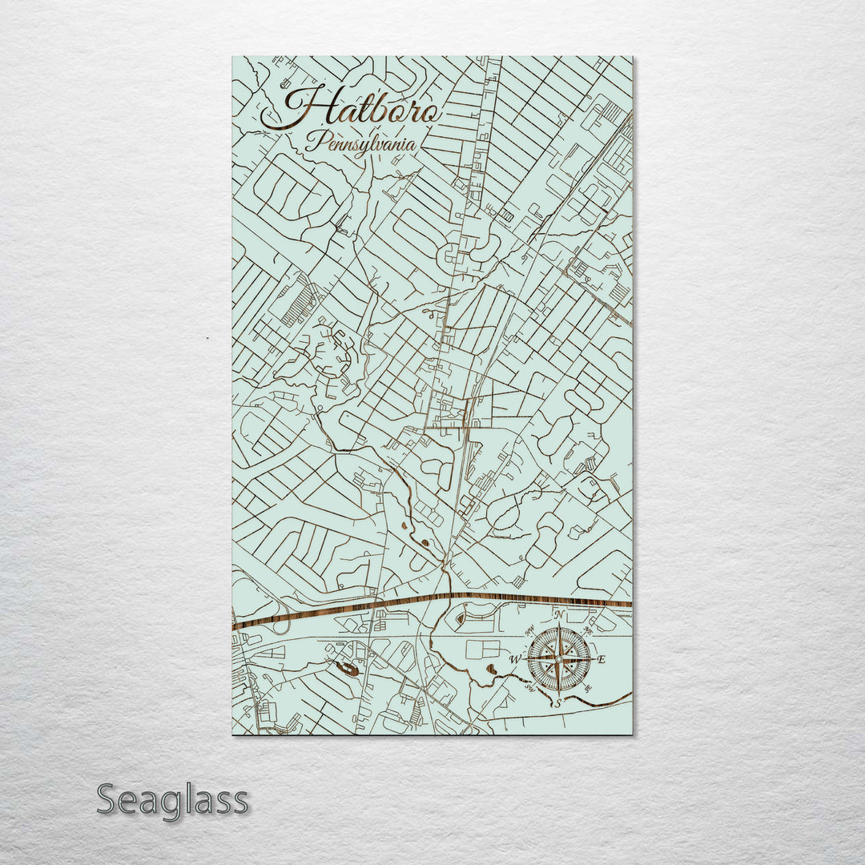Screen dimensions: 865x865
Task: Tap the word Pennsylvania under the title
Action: [x=364, y=144]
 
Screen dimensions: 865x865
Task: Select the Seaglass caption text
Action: [x=172, y=799]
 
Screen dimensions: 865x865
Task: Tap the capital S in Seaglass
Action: [x=110, y=799]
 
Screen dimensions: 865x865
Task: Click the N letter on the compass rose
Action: [x=560, y=615]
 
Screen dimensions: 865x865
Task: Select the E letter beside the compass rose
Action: [x=602, y=659]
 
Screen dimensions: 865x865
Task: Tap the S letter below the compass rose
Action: [x=558, y=703]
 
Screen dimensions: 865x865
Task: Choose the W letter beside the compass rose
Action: [x=516, y=659]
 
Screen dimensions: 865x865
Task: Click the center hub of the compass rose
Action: [x=560, y=659]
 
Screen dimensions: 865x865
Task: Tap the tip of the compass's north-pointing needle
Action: [x=560, y=629]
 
